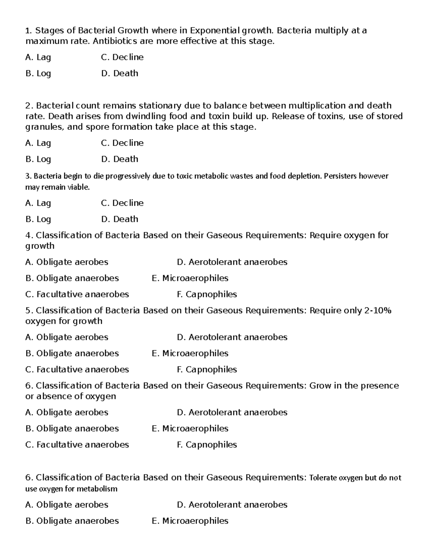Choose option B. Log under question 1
(x=38, y=74)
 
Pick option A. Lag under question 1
(x=38, y=58)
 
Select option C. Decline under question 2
(x=122, y=143)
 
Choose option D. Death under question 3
(x=120, y=219)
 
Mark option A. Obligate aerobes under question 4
(x=67, y=262)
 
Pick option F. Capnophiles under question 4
(x=207, y=294)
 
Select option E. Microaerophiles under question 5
(x=190, y=353)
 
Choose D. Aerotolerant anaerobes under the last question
(x=232, y=505)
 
